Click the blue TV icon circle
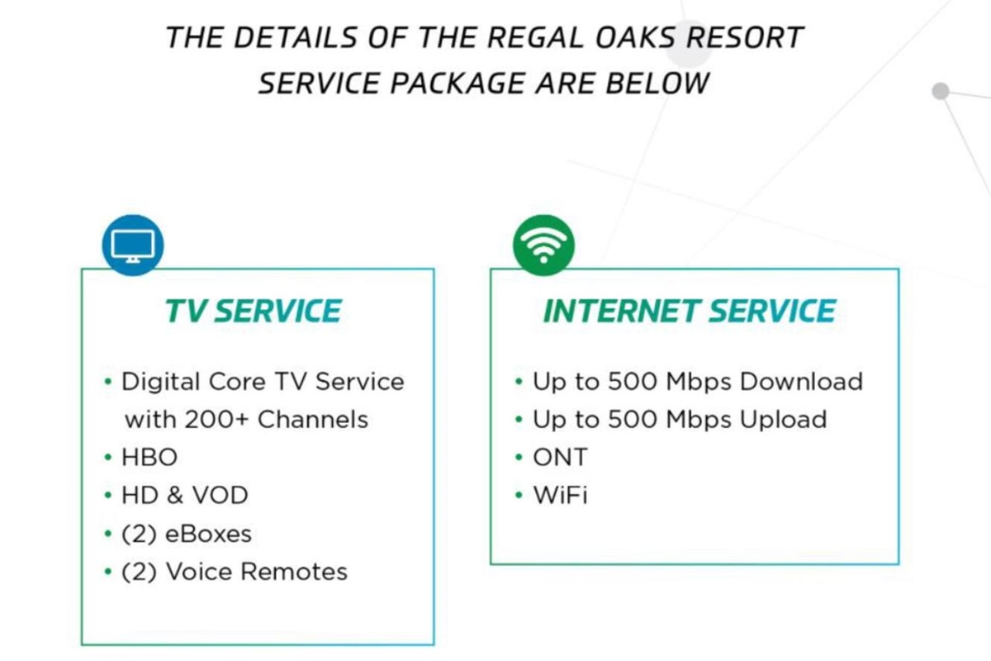click(133, 245)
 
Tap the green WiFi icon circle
click(543, 245)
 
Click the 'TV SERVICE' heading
click(254, 311)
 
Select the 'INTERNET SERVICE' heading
click(690, 311)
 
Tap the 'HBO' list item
click(149, 458)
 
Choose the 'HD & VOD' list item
click(185, 495)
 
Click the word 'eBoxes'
click(208, 534)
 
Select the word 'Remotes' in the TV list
click(295, 572)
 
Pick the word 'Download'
click(801, 381)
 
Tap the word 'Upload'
click(783, 420)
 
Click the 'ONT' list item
click(561, 458)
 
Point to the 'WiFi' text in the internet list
click(561, 495)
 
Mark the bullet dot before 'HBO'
click(108, 458)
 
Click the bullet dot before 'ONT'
click(519, 458)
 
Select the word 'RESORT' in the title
click(745, 37)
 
